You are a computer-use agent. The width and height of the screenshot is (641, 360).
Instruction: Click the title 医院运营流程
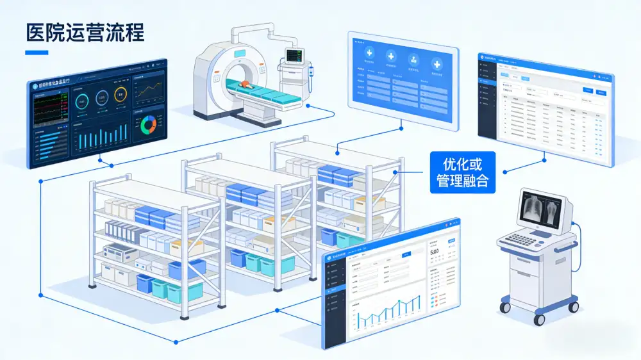click(84, 32)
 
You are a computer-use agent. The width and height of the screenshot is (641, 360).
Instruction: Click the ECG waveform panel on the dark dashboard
click(49, 105)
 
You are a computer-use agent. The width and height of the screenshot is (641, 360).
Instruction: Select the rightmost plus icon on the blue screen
click(437, 63)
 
